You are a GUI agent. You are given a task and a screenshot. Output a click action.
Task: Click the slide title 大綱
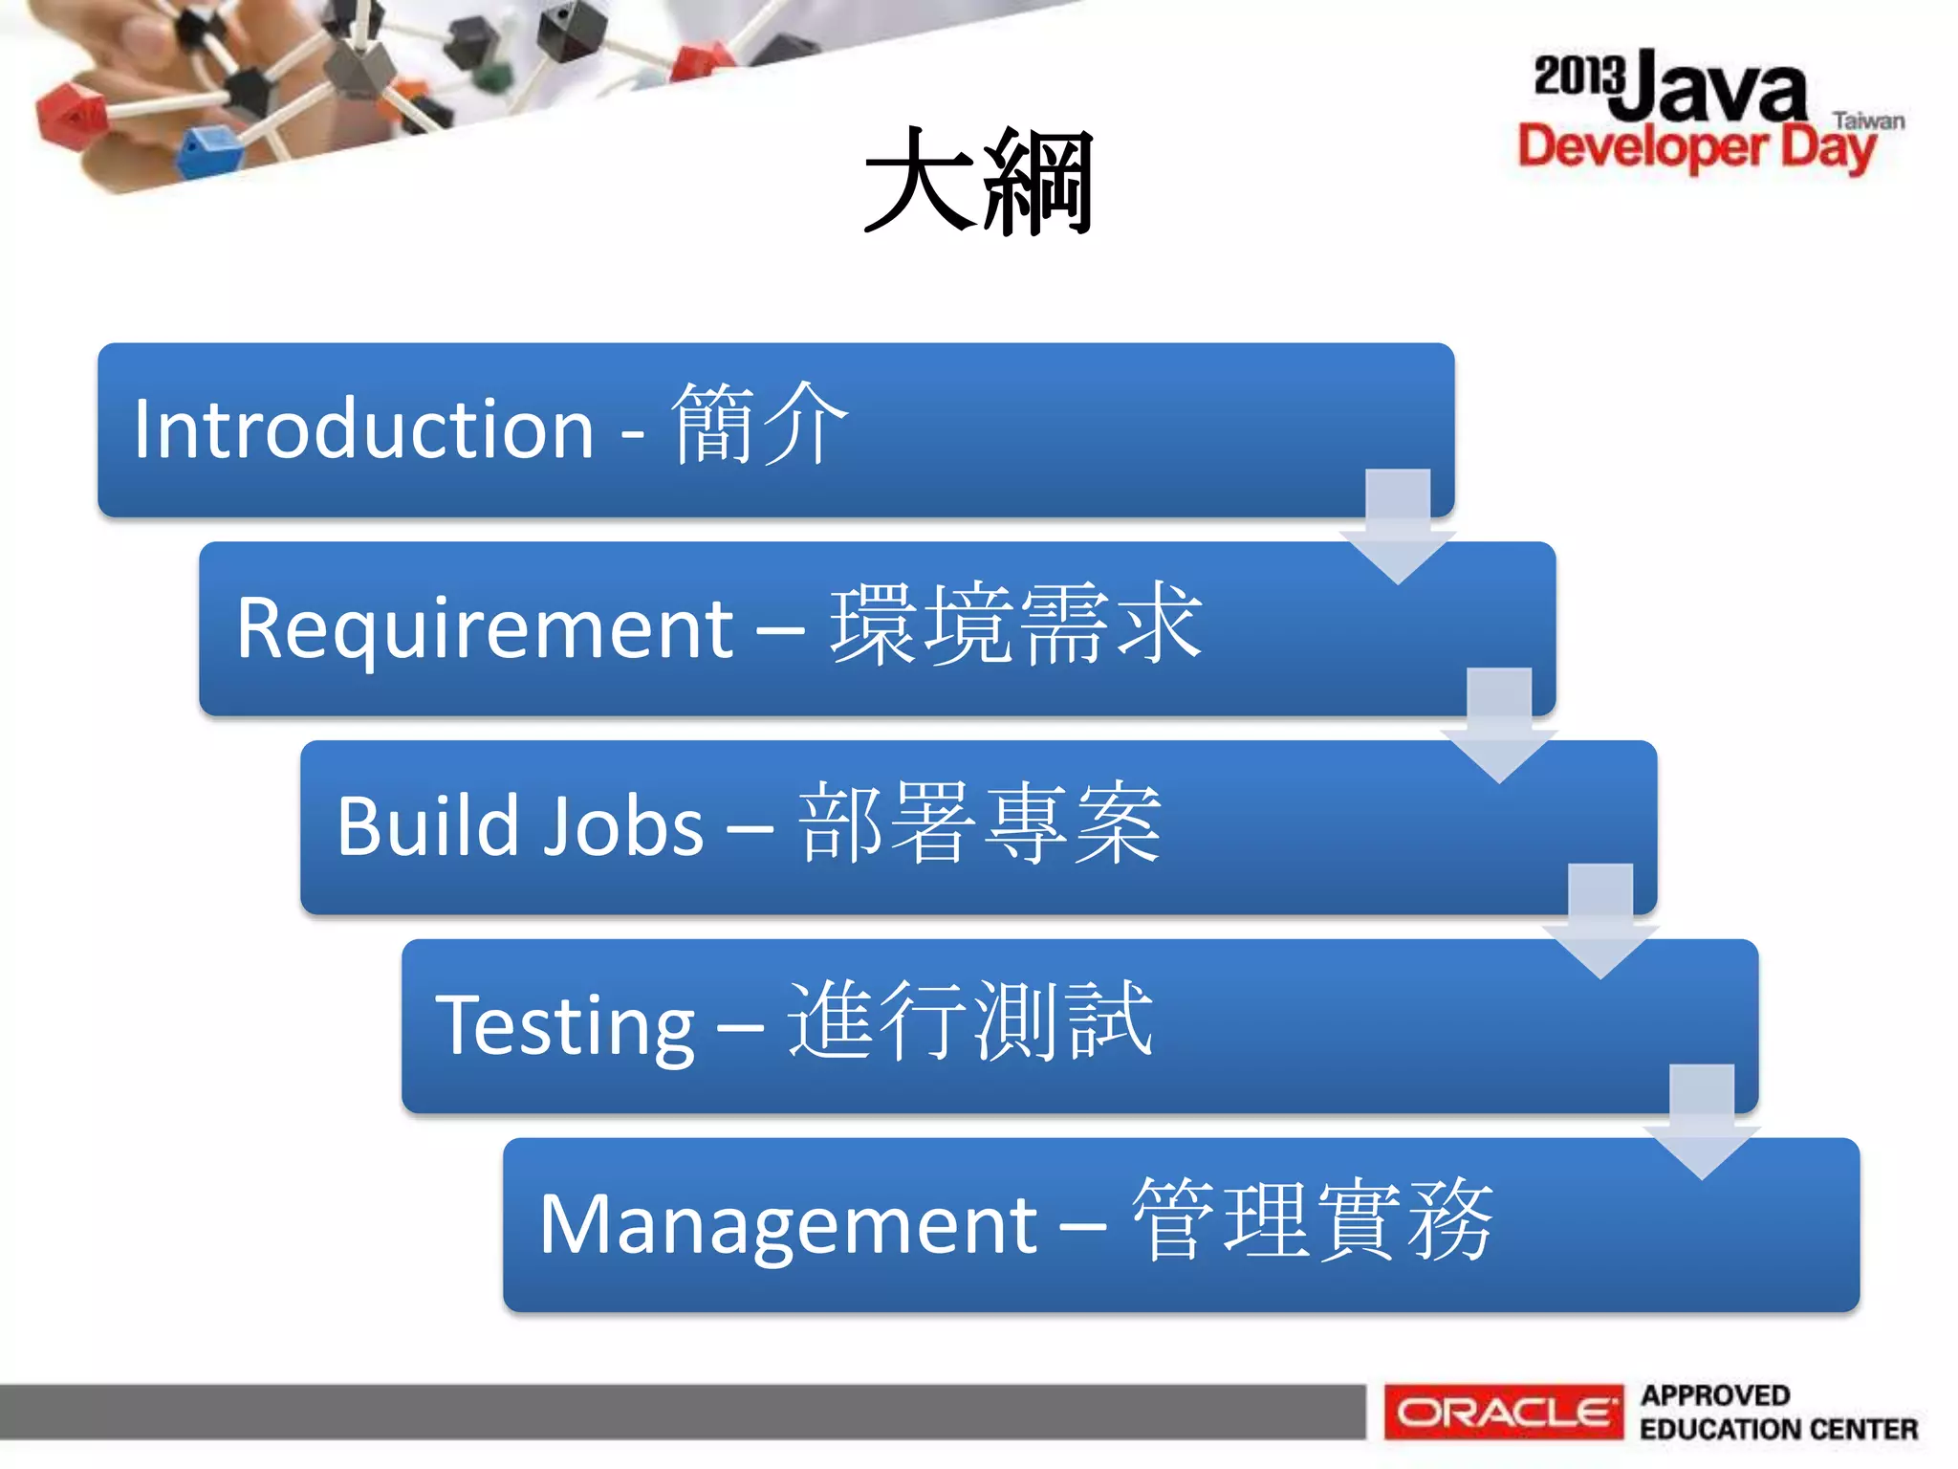978,182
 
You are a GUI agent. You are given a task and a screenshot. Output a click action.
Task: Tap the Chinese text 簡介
760,425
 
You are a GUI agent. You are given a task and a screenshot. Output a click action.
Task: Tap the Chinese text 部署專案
980,823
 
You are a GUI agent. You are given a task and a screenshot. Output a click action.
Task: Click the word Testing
565,1026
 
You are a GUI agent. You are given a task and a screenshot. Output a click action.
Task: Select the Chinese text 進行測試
970,1022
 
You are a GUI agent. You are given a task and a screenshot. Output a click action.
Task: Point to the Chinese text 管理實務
1313,1221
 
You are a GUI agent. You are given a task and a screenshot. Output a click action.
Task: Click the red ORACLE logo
1504,1412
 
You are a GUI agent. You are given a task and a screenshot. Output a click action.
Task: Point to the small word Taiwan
1868,121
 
